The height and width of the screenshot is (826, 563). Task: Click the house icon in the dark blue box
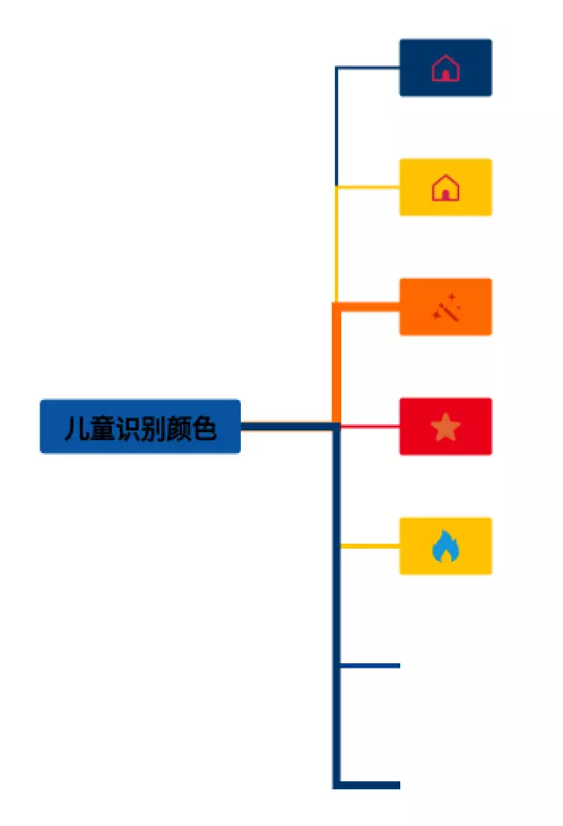(x=446, y=68)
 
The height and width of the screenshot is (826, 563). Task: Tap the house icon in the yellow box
(x=446, y=187)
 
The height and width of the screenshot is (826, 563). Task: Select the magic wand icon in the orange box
(x=446, y=308)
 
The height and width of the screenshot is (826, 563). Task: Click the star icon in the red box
(x=446, y=428)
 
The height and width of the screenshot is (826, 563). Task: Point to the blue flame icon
(x=446, y=547)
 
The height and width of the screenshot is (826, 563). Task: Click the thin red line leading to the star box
(x=369, y=426)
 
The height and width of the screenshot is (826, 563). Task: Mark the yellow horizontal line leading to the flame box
(x=369, y=546)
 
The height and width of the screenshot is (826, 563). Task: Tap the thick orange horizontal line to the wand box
(x=369, y=306)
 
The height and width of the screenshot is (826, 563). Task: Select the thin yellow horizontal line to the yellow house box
(x=369, y=187)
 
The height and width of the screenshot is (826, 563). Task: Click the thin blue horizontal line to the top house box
(x=369, y=67)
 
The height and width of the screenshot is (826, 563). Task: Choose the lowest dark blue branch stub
(x=369, y=785)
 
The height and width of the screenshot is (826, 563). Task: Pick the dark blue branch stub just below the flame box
(x=369, y=666)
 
